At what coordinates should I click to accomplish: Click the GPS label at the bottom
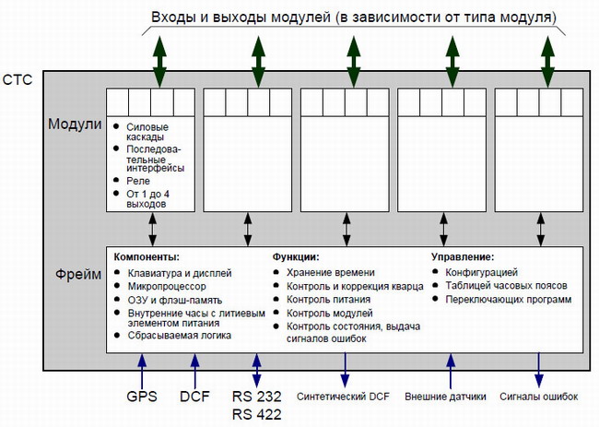pyautogui.click(x=142, y=397)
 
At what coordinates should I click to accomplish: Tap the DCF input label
pyautogui.click(x=194, y=397)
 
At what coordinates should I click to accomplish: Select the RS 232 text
pyautogui.click(x=257, y=397)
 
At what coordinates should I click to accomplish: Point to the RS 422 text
pyautogui.click(x=257, y=414)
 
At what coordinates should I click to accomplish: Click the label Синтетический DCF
pyautogui.click(x=343, y=397)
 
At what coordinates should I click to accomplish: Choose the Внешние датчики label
pyautogui.click(x=445, y=397)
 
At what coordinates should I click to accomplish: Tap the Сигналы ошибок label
pyautogui.click(x=539, y=397)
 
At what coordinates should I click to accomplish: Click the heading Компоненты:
pyautogui.click(x=147, y=257)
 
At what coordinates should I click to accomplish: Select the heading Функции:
pyautogui.click(x=296, y=257)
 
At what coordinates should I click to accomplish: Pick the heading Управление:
pyautogui.click(x=463, y=257)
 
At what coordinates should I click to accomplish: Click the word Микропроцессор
pyautogui.click(x=167, y=286)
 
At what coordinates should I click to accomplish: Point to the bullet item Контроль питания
pyautogui.click(x=329, y=300)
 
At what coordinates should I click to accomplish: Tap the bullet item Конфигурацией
pyautogui.click(x=481, y=273)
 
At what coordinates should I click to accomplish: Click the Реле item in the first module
pyautogui.click(x=138, y=181)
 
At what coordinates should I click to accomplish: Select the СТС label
pyautogui.click(x=18, y=80)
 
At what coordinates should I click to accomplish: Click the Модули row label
pyautogui.click(x=75, y=124)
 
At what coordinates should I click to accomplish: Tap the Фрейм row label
pyautogui.click(x=78, y=274)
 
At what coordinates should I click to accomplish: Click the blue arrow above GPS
pyautogui.click(x=142, y=371)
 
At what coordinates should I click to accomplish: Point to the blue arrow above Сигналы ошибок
pyautogui.click(x=539, y=370)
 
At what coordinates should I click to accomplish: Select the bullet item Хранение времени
pyautogui.click(x=331, y=273)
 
